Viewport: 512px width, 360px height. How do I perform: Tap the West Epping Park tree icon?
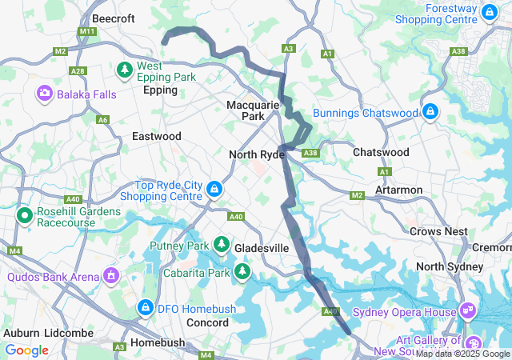click(126, 71)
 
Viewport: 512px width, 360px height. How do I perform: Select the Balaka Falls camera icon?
click(44, 94)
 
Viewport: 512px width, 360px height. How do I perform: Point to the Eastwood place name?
click(157, 136)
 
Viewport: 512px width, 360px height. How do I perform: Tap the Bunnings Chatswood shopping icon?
click(430, 112)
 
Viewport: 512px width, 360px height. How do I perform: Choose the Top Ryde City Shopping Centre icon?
click(214, 190)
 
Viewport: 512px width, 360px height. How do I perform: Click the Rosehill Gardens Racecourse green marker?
click(24, 216)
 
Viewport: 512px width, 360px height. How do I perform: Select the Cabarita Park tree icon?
click(242, 272)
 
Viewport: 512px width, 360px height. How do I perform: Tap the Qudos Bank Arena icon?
click(110, 277)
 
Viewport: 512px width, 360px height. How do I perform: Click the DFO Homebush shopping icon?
click(145, 306)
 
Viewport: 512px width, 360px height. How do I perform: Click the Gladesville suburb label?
click(261, 248)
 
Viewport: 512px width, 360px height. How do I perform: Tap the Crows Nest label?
click(438, 231)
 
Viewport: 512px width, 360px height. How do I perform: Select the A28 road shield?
click(78, 70)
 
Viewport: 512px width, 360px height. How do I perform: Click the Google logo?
click(27, 350)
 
